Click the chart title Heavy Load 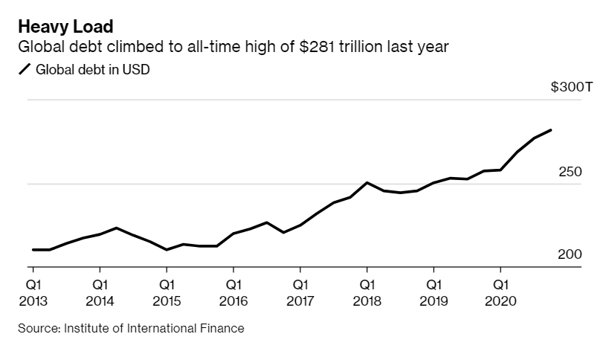pyautogui.click(x=65, y=28)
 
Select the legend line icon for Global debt pyautogui.click(x=24, y=70)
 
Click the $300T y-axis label pyautogui.click(x=571, y=87)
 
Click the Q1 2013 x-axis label pyautogui.click(x=33, y=293)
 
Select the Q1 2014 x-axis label pyautogui.click(x=100, y=293)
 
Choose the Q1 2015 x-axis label pyautogui.click(x=167, y=293)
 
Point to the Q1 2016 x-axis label pyautogui.click(x=233, y=293)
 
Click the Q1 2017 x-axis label pyautogui.click(x=300, y=293)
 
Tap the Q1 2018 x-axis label pyautogui.click(x=367, y=293)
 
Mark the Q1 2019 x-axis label pyautogui.click(x=434, y=293)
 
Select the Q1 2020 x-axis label pyautogui.click(x=500, y=293)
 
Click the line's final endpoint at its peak pyautogui.click(x=551, y=130)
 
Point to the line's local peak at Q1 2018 pyautogui.click(x=367, y=182)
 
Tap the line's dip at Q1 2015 pyautogui.click(x=167, y=250)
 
